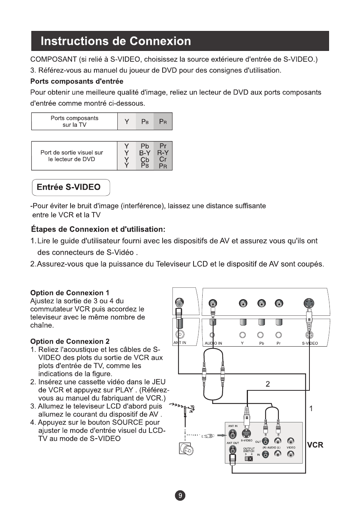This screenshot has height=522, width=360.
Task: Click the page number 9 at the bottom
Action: pyautogui.click(x=180, y=496)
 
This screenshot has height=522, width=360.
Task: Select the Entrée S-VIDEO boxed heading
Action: pyautogui.click(x=71, y=187)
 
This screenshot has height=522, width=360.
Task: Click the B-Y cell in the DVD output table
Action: pyautogui.click(x=145, y=153)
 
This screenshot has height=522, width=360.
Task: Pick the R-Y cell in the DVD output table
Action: pyautogui.click(x=163, y=153)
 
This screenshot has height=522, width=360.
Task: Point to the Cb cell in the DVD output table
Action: pyautogui.click(x=145, y=160)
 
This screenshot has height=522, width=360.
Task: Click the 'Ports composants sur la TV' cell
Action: pyautogui.click(x=74, y=121)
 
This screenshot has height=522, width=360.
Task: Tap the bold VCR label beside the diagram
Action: pyautogui.click(x=315, y=445)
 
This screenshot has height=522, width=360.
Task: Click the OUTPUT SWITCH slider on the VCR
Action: pyautogui.click(x=248, y=458)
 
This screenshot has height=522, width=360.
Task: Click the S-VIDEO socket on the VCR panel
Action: pyautogui.click(x=246, y=434)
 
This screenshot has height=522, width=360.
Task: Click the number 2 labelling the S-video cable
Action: pyautogui.click(x=268, y=384)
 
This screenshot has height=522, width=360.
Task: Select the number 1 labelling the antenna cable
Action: pyautogui.click(x=311, y=408)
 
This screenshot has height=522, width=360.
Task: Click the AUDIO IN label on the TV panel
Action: pyautogui.click(x=213, y=343)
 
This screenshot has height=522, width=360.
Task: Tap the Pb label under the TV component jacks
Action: pyautogui.click(x=261, y=343)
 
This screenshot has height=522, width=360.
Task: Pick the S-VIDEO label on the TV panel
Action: pyautogui.click(x=310, y=343)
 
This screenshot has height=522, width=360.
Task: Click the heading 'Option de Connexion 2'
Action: pyautogui.click(x=70, y=341)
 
